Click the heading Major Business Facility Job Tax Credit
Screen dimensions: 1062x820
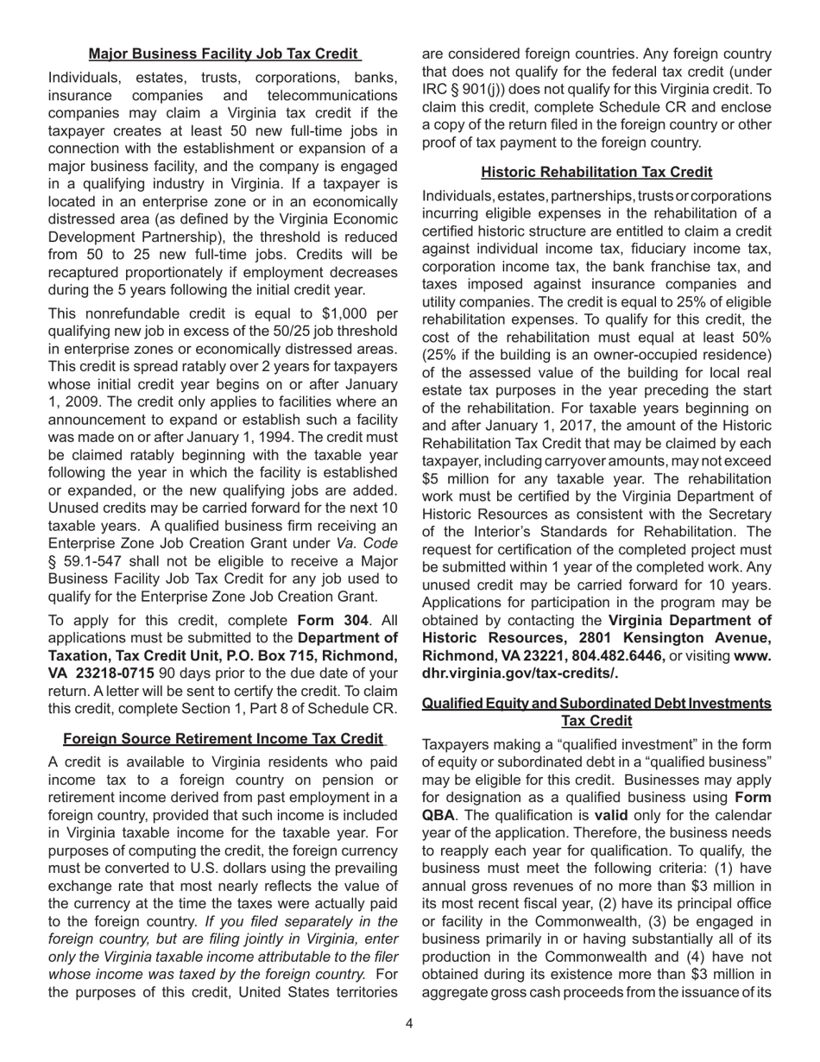pyautogui.click(x=224, y=54)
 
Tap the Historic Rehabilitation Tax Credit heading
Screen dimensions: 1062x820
pyautogui.click(x=596, y=172)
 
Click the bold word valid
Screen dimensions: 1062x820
pyautogui.click(x=611, y=814)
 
